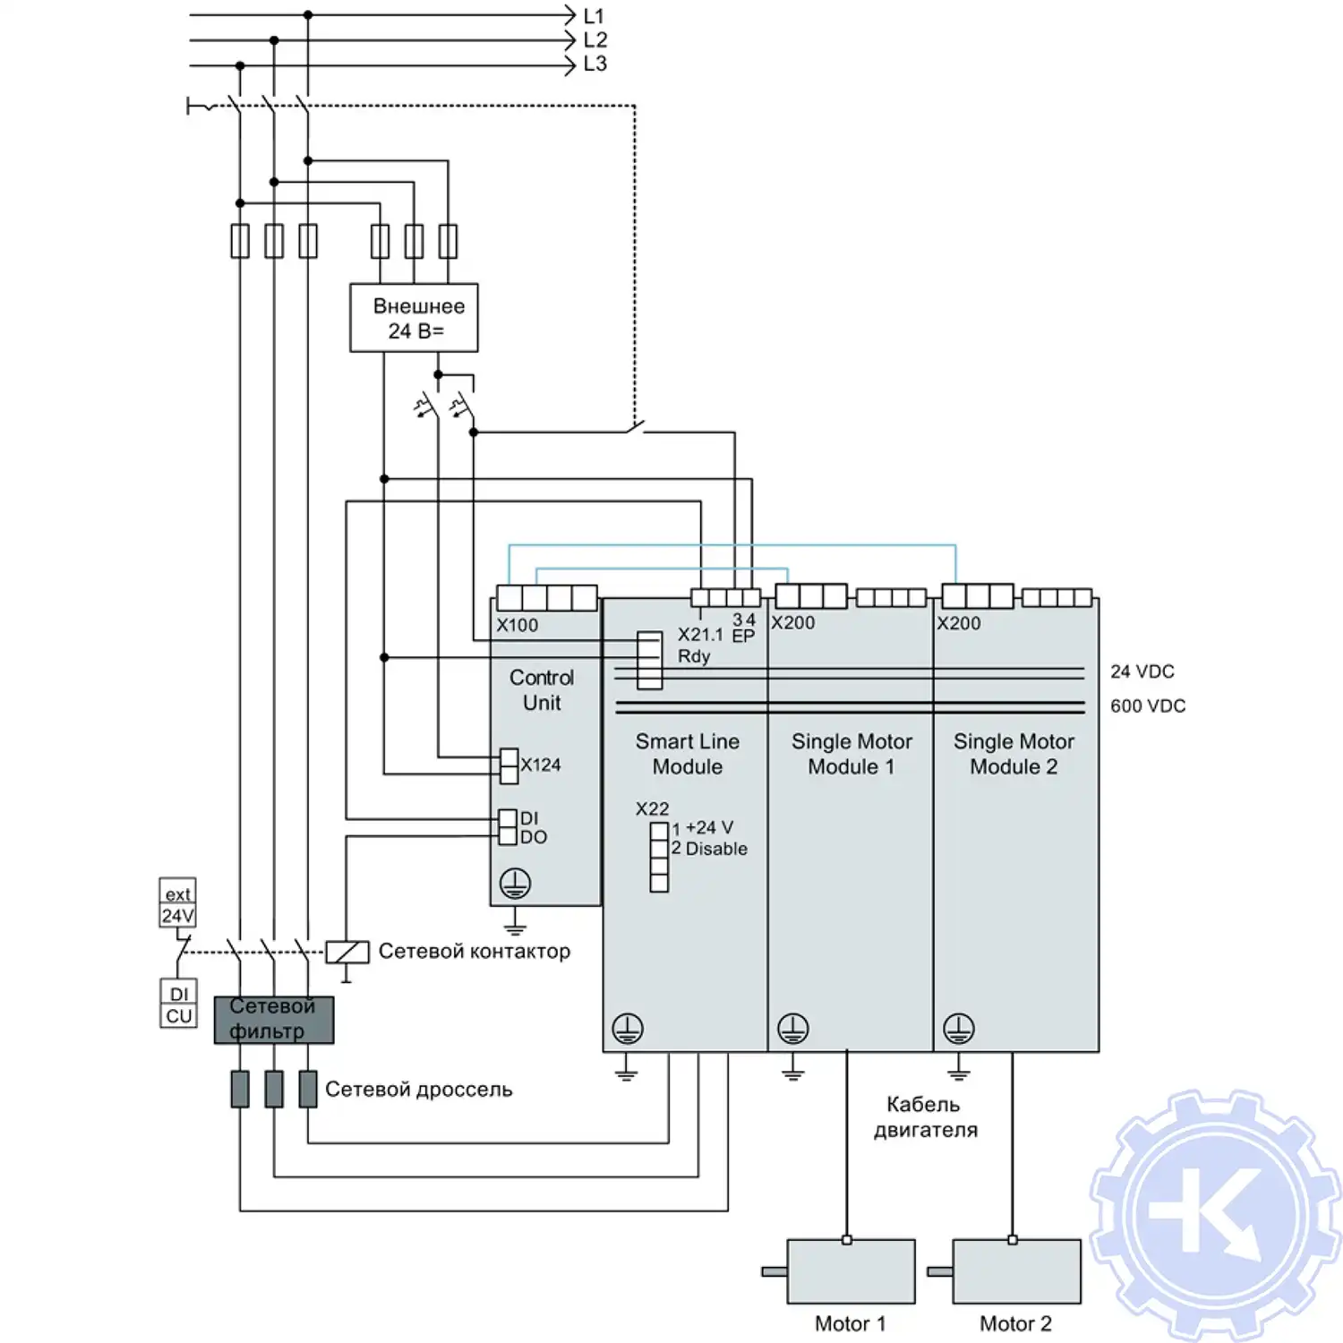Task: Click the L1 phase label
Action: click(594, 16)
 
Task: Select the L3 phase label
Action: click(595, 64)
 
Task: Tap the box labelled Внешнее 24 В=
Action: click(414, 318)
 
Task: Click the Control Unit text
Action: click(542, 690)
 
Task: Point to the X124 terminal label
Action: click(541, 765)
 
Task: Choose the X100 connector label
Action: click(518, 626)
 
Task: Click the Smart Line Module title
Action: click(687, 754)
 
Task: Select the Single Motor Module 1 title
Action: click(851, 754)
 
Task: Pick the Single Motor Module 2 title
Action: click(1014, 754)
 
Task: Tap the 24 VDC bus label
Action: click(1142, 671)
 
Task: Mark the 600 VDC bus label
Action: click(1147, 706)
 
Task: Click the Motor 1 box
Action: click(851, 1271)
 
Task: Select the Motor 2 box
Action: click(1016, 1271)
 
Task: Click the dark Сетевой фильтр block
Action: click(273, 1020)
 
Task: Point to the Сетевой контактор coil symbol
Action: click(346, 952)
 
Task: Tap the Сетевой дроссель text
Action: click(418, 1090)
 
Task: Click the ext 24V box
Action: click(177, 904)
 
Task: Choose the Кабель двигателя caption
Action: click(925, 1117)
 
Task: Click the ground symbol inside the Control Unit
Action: click(515, 884)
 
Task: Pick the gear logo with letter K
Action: click(1216, 1215)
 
